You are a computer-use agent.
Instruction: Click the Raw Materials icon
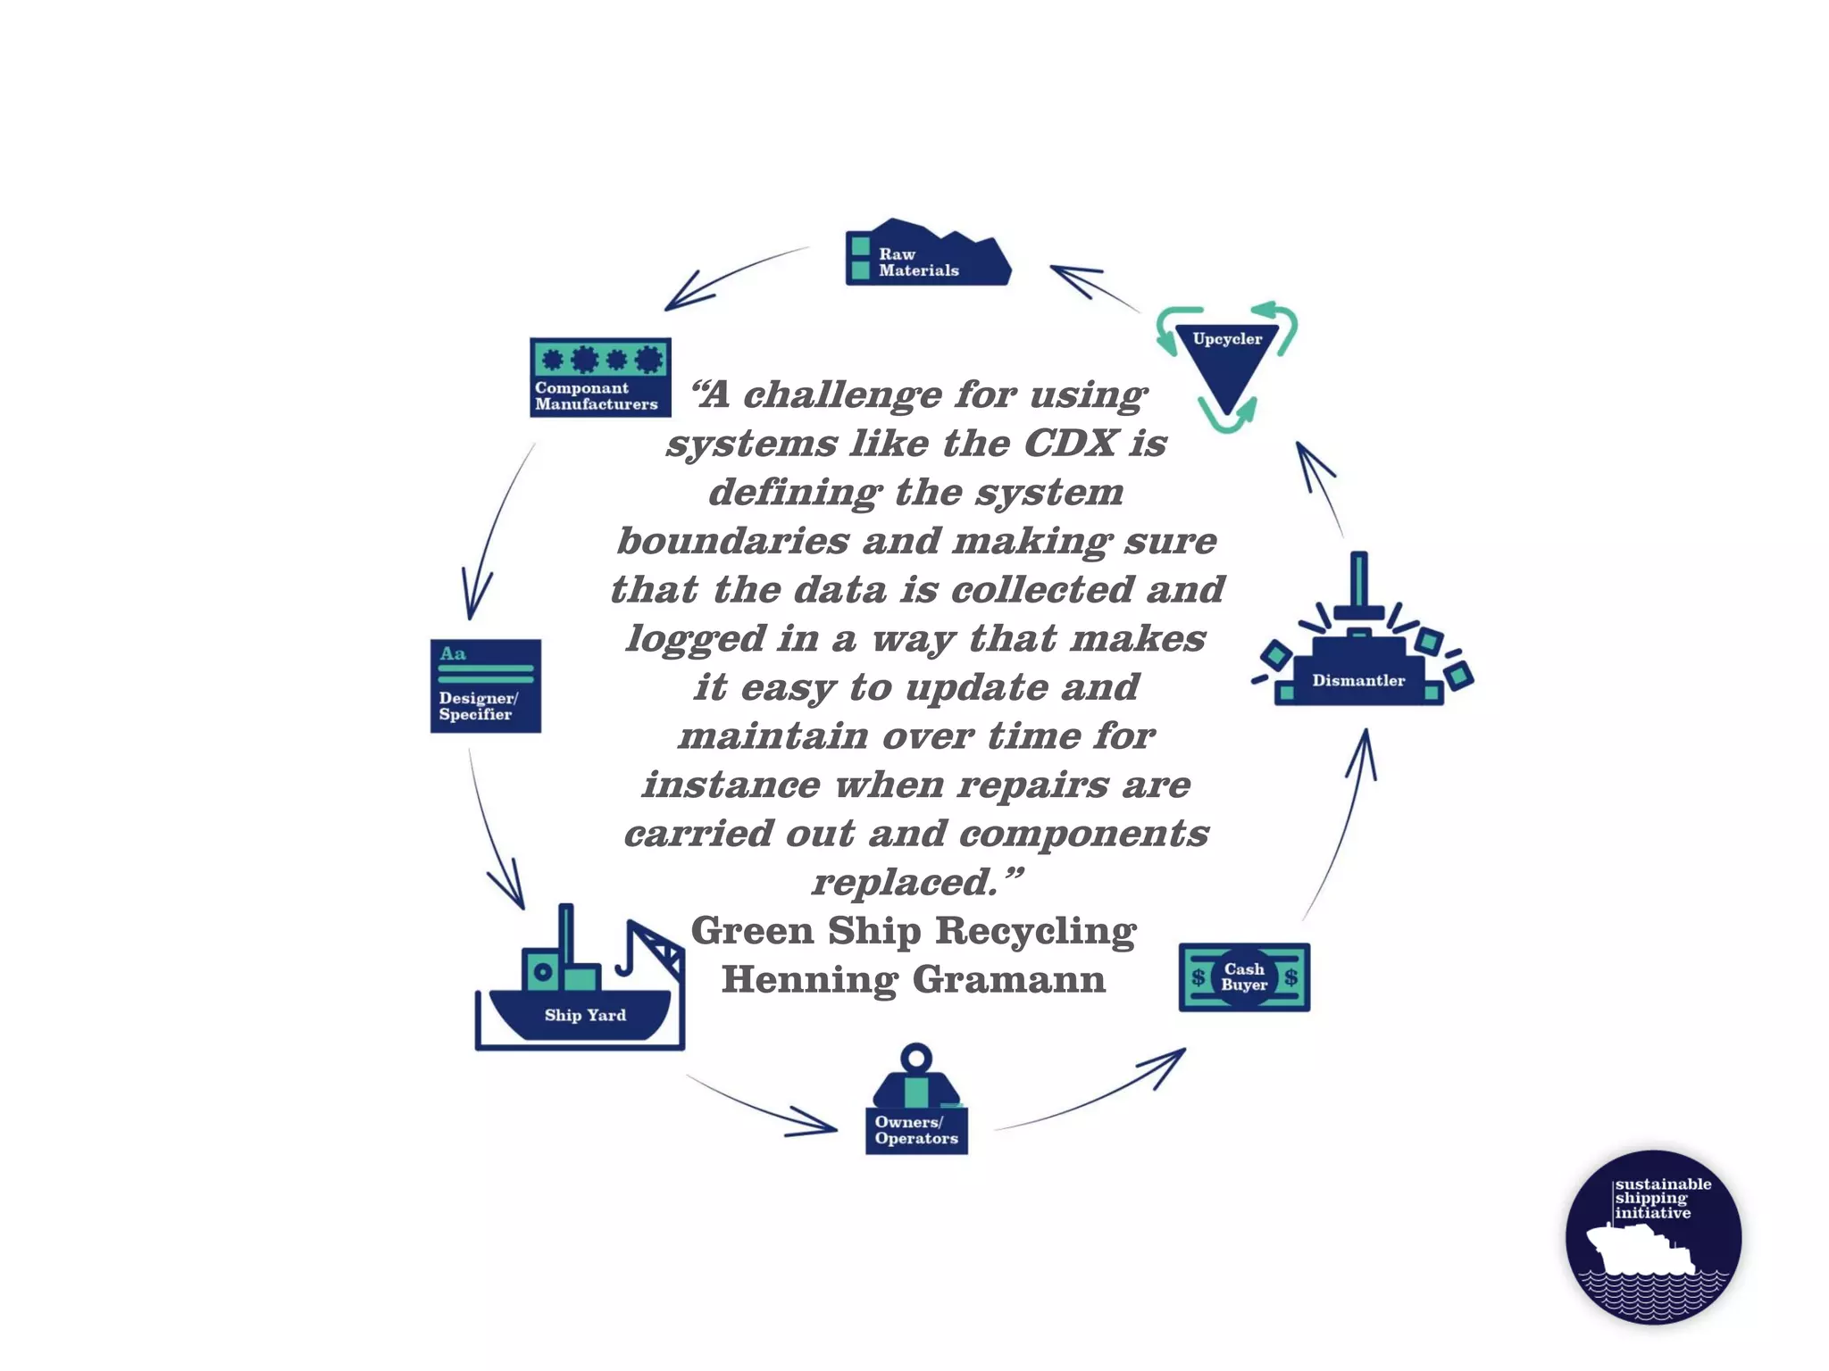tap(927, 254)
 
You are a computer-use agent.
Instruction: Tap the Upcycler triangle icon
tap(1227, 361)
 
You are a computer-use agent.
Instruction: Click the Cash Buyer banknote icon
tap(1244, 976)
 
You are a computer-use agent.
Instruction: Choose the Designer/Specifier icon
tap(485, 685)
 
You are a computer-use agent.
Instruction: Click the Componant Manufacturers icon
tap(600, 377)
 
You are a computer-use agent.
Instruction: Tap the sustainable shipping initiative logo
tap(1653, 1236)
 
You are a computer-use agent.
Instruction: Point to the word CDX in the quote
tap(1070, 444)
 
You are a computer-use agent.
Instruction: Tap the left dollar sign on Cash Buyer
tap(1198, 977)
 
